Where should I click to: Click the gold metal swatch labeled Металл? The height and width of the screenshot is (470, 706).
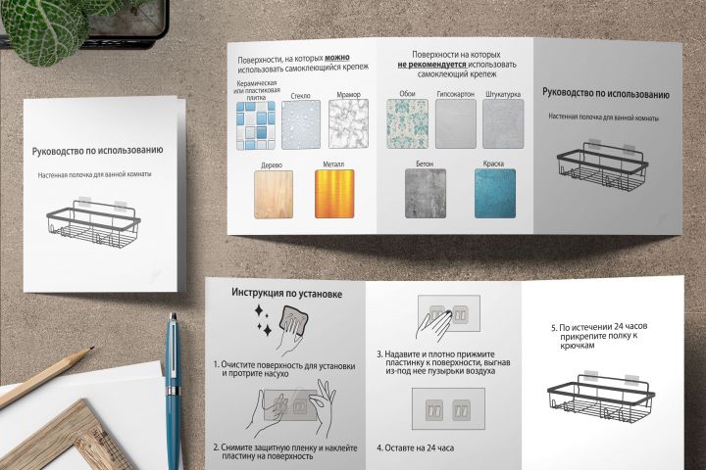click(x=334, y=194)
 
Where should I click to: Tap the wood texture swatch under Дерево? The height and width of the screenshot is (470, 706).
click(x=274, y=194)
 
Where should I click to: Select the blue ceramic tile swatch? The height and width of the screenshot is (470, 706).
click(x=256, y=125)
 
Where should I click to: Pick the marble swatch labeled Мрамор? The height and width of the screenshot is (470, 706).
click(x=348, y=124)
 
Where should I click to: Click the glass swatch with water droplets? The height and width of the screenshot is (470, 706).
click(x=301, y=125)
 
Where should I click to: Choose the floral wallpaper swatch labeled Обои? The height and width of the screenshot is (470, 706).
click(x=408, y=123)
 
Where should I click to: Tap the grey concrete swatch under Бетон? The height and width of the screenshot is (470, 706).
click(x=426, y=194)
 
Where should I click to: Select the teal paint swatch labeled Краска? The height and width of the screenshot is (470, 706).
click(x=495, y=194)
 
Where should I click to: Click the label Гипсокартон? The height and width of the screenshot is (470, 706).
click(x=456, y=94)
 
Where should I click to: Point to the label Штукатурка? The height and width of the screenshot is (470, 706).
click(x=503, y=94)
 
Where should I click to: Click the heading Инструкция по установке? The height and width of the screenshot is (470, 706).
click(x=286, y=293)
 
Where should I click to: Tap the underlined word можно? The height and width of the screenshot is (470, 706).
click(x=337, y=58)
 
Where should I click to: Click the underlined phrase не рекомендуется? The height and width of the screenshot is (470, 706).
click(x=431, y=65)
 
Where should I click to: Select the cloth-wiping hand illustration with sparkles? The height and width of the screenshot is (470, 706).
click(x=281, y=328)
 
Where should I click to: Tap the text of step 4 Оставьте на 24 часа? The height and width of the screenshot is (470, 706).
click(x=415, y=447)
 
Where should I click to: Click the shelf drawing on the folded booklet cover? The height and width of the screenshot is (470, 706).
click(x=94, y=222)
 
